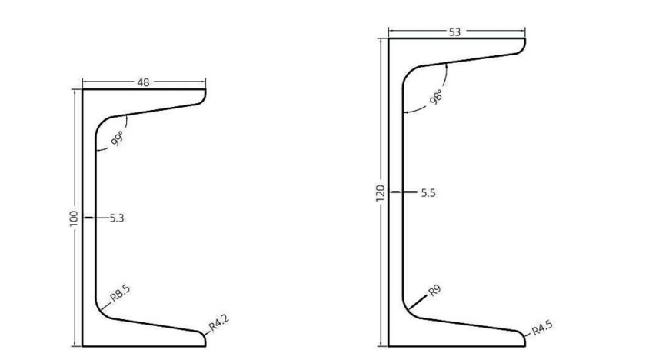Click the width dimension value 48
(144, 82)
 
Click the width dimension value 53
(455, 32)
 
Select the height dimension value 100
(74, 218)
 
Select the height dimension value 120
(380, 193)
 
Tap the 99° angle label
(118, 138)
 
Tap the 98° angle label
(437, 98)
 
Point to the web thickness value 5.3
(117, 218)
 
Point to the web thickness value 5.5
(428, 193)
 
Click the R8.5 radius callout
(119, 294)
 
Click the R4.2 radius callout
(220, 323)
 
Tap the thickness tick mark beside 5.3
(92, 218)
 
